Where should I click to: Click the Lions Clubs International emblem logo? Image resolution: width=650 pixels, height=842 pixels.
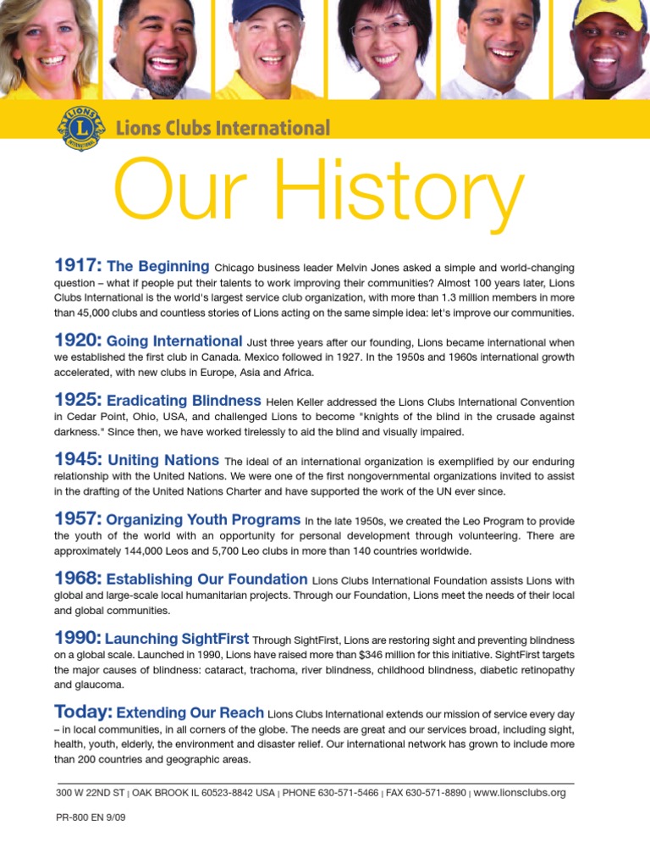(82, 129)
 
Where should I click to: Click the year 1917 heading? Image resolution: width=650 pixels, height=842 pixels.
(78, 267)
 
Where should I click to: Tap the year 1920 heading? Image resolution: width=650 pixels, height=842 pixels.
(78, 341)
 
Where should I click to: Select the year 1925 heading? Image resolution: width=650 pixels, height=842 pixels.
(78, 399)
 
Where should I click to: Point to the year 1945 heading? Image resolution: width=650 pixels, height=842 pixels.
(78, 459)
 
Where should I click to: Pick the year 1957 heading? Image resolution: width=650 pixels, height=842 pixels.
(78, 518)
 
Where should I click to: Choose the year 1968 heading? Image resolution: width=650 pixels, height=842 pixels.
(78, 579)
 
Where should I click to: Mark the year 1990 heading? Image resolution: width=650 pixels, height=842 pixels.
(78, 638)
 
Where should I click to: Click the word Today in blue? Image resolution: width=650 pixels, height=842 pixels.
(83, 710)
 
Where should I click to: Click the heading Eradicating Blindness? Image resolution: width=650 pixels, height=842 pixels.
(184, 400)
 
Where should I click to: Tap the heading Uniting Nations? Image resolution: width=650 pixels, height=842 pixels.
(163, 460)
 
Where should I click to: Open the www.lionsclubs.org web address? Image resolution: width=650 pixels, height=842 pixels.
(520, 793)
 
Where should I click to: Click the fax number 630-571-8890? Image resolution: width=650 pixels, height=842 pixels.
(433, 794)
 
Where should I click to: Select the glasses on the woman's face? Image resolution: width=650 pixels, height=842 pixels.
(381, 28)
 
